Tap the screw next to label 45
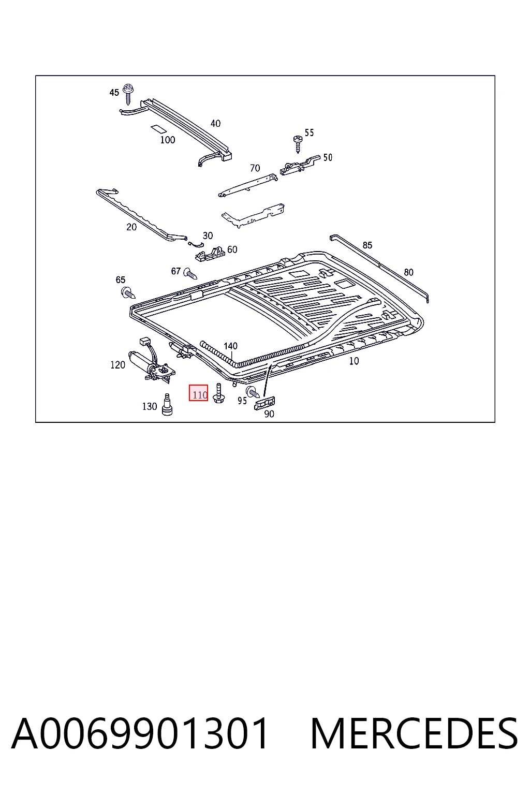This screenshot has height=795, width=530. pyautogui.click(x=127, y=94)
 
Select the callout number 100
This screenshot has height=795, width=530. pyautogui.click(x=168, y=140)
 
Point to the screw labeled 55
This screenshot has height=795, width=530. pyautogui.click(x=298, y=144)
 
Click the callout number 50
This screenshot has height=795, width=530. pyautogui.click(x=328, y=157)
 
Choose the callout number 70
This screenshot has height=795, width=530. pyautogui.click(x=255, y=168)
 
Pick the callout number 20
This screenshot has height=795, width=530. pyautogui.click(x=131, y=227)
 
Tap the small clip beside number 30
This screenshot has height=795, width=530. pyautogui.click(x=196, y=243)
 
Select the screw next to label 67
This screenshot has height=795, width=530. pyautogui.click(x=190, y=274)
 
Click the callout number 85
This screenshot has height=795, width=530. pyautogui.click(x=367, y=245)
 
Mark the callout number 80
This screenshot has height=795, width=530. pyautogui.click(x=408, y=272)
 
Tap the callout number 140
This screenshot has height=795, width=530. pyautogui.click(x=230, y=346)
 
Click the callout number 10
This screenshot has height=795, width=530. pyautogui.click(x=354, y=361)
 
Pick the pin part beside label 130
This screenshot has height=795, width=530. pyautogui.click(x=167, y=404)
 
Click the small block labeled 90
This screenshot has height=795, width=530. pyautogui.click(x=264, y=403)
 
